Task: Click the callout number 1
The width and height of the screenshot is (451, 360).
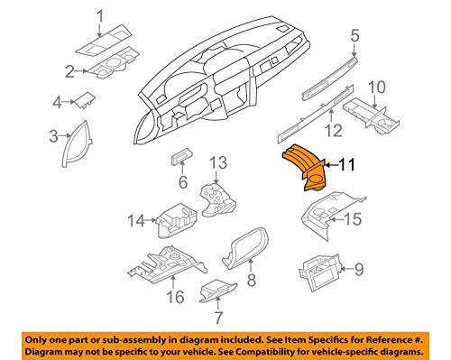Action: tap(99, 15)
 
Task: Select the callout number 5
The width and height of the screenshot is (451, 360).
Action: tap(354, 36)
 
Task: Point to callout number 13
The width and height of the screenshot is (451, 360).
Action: tap(217, 162)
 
